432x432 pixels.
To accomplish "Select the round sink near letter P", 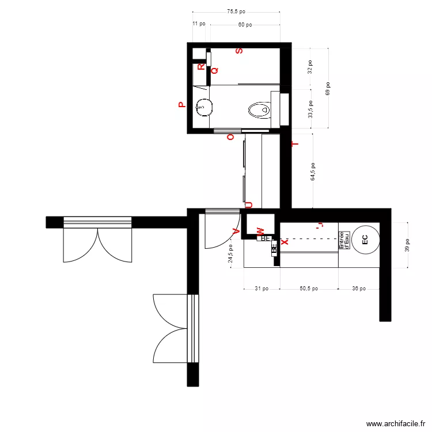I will [x=203, y=106].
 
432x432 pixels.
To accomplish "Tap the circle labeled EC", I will [x=365, y=239].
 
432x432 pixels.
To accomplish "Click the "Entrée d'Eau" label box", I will [x=344, y=240].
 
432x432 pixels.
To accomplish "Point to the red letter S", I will [x=239, y=51].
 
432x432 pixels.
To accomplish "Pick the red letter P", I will [x=181, y=105].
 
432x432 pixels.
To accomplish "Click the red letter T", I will [x=296, y=144].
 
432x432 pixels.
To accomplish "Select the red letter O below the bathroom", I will [x=231, y=137].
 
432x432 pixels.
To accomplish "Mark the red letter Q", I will [x=214, y=70].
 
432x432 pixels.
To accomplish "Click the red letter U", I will [x=249, y=204].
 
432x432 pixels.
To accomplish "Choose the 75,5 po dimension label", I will [x=236, y=11].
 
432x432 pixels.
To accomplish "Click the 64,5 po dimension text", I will [x=313, y=172].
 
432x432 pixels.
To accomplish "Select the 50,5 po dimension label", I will [x=309, y=289].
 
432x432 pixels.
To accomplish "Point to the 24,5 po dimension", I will [x=231, y=253].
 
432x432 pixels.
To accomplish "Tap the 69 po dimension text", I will [x=328, y=88].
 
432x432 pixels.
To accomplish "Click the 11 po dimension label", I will [x=198, y=24].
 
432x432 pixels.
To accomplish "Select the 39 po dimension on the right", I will [x=407, y=245].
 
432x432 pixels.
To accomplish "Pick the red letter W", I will [x=260, y=231].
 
